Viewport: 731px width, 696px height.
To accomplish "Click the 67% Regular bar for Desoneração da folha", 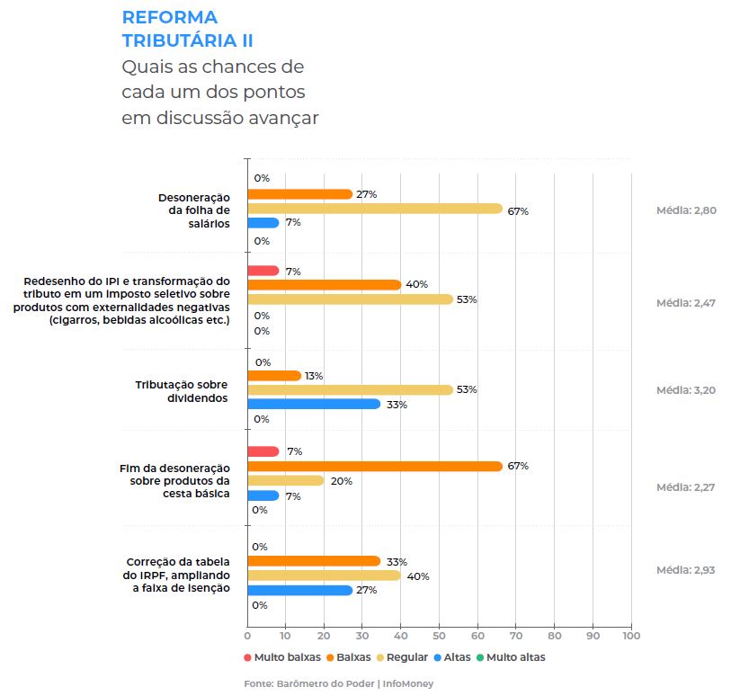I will point(374,209).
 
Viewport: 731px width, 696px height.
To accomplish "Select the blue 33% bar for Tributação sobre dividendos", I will point(313,404).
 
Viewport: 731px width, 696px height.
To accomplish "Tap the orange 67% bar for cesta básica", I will point(374,466).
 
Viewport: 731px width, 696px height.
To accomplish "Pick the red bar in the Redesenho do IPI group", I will point(263,271).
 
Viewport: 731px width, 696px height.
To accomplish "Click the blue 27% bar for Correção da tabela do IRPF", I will point(299,590).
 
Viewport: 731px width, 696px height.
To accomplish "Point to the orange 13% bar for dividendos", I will point(273,375).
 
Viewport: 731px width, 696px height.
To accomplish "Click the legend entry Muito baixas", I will point(281,657).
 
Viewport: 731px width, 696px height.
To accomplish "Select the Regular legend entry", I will point(407,657).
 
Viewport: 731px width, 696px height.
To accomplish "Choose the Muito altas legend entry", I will point(512,657).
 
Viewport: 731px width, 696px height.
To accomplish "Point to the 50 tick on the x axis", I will point(439,636).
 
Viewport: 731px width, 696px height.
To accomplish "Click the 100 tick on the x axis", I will point(631,636).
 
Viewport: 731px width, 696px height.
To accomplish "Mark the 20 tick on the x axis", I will point(324,636).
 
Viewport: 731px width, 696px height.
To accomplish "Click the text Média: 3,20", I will point(686,390).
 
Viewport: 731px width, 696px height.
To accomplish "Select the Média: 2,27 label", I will point(686,487).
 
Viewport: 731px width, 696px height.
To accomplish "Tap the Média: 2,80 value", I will point(686,210).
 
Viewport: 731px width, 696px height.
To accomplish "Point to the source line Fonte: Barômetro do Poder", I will point(339,684).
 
